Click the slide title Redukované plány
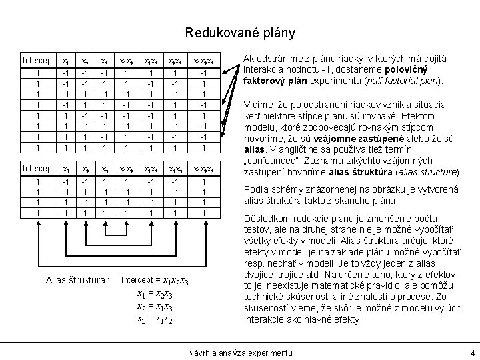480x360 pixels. (x=240, y=32)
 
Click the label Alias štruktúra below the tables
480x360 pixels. (x=77, y=279)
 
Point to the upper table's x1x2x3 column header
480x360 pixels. (x=207, y=61)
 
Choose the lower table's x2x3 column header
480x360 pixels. (x=175, y=168)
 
